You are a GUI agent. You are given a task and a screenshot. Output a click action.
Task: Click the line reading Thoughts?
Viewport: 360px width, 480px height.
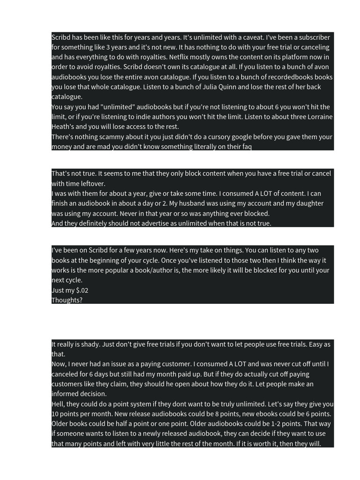point(67,300)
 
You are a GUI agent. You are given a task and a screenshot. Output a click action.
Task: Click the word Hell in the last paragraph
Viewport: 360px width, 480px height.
point(58,404)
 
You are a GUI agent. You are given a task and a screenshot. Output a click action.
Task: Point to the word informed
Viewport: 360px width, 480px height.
point(66,394)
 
